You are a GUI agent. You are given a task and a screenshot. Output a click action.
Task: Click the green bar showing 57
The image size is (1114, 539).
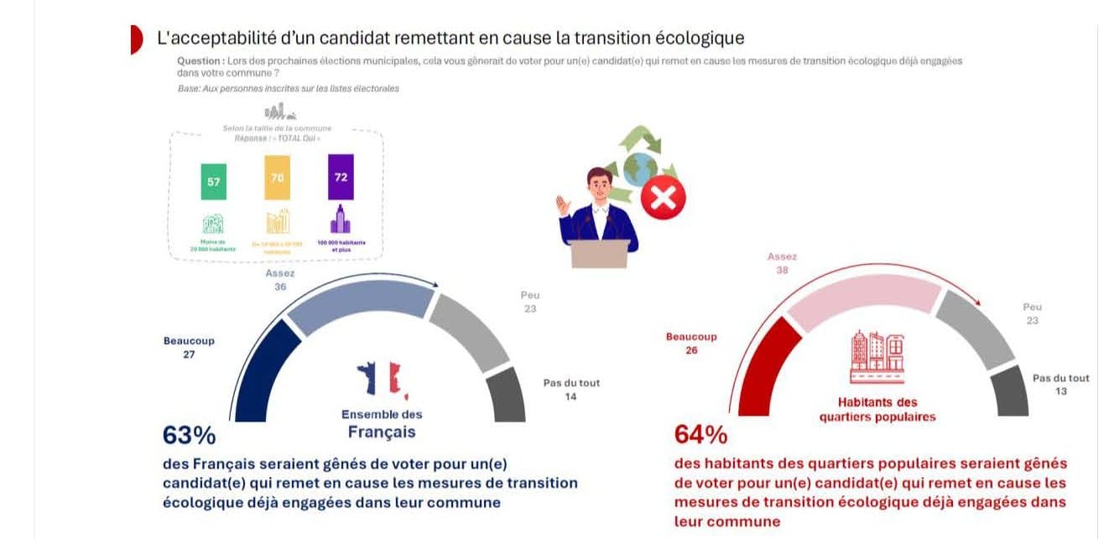coord(213,181)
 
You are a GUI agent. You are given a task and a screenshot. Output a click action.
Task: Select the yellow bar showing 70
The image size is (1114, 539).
coord(277,177)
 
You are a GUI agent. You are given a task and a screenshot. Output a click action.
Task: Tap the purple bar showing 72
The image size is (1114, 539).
coord(341,176)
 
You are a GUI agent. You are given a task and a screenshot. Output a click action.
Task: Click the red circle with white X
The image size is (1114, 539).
coord(664,199)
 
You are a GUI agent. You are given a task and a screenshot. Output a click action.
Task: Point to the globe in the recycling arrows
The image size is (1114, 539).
coord(640,168)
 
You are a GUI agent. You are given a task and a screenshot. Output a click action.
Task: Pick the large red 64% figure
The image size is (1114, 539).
coord(700,435)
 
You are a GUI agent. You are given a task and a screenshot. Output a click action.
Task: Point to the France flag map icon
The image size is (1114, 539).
coord(382,380)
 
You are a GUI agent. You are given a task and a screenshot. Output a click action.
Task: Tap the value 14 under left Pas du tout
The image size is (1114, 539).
coord(570,396)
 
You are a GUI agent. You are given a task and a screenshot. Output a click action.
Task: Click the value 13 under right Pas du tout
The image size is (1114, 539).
coord(1060,391)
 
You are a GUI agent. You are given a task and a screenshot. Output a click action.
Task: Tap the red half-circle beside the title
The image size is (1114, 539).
coord(136,39)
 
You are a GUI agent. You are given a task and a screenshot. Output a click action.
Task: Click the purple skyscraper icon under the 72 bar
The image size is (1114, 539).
coord(341,221)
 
